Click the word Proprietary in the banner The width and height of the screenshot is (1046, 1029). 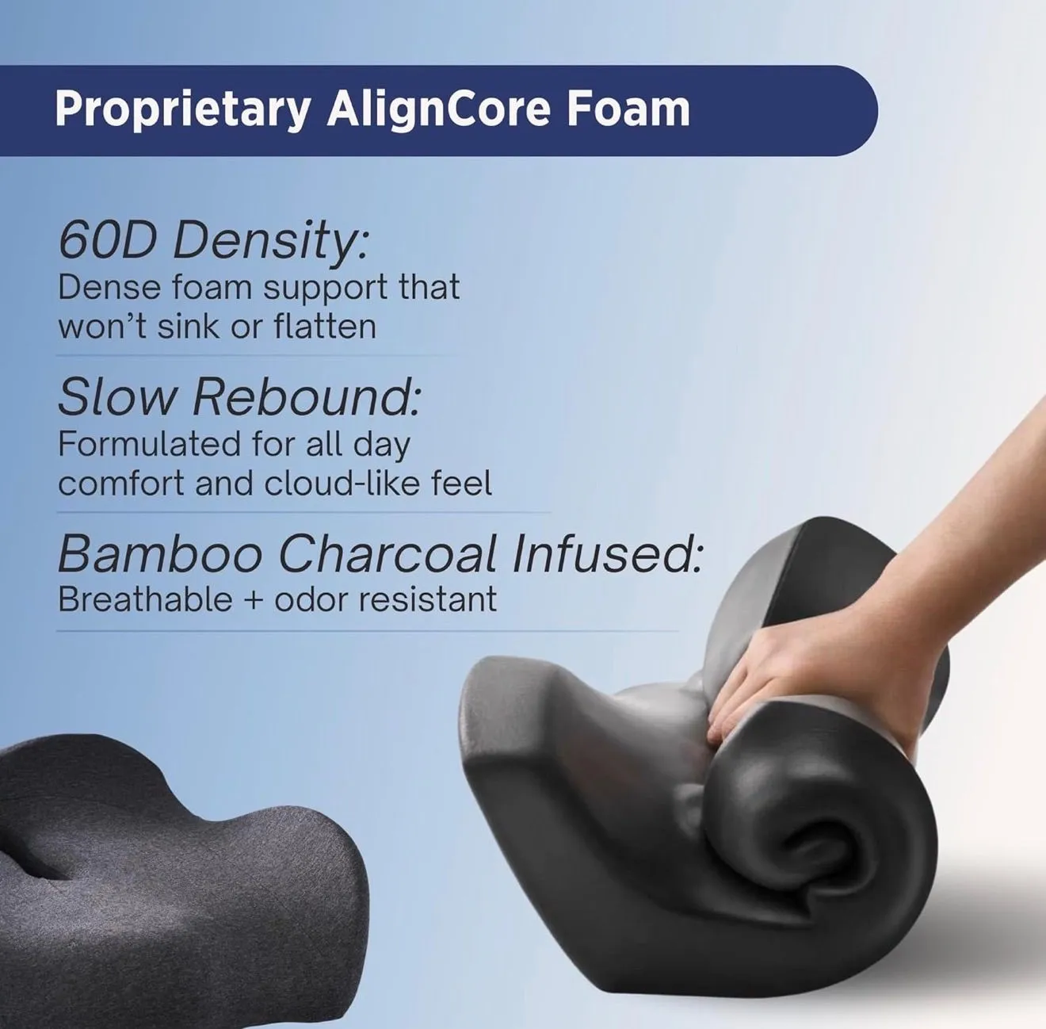click(x=182, y=110)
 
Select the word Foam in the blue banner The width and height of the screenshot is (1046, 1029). click(x=628, y=109)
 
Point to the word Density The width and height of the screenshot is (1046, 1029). click(x=270, y=242)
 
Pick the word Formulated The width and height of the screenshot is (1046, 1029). click(x=149, y=444)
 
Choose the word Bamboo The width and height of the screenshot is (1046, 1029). click(x=160, y=553)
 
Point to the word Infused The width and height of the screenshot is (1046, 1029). click(x=607, y=553)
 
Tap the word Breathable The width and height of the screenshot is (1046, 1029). click(x=146, y=599)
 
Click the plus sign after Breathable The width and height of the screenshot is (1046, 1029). click(x=254, y=601)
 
